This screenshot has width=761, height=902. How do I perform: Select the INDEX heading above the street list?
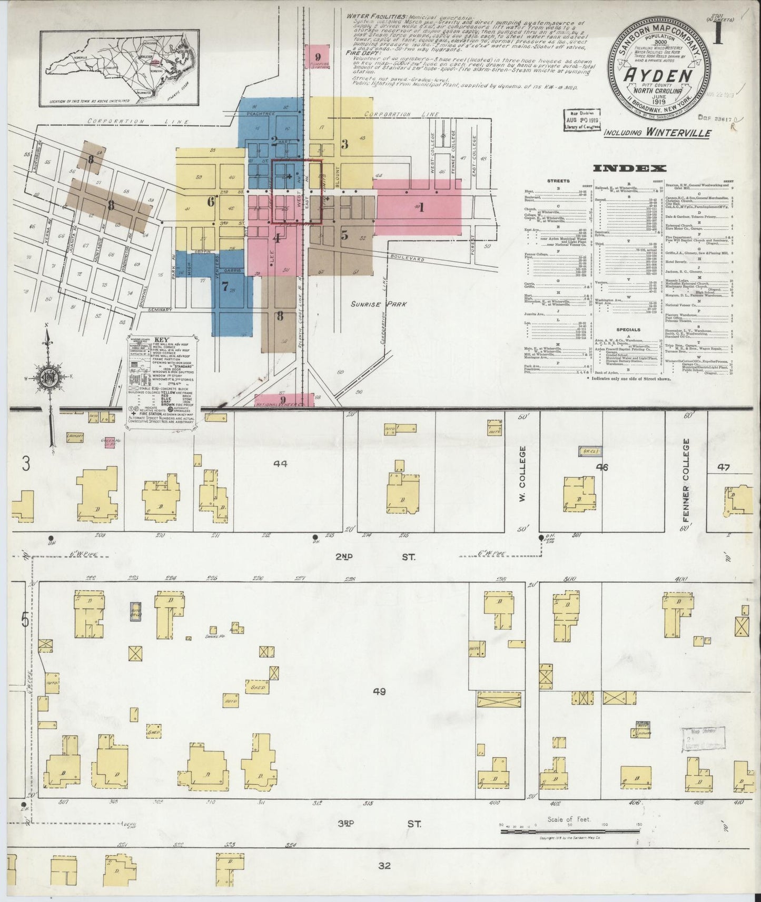point(630,168)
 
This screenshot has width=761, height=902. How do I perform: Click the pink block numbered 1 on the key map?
point(420,207)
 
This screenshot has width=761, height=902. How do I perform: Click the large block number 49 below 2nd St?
point(379,691)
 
